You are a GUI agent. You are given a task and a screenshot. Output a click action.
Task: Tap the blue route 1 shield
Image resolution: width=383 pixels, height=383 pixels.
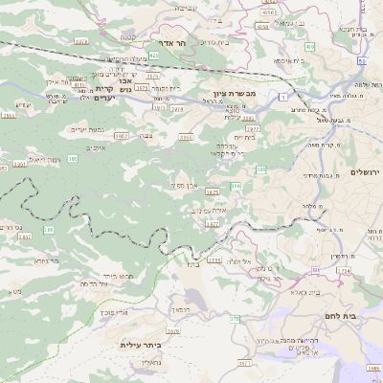coord(284,97)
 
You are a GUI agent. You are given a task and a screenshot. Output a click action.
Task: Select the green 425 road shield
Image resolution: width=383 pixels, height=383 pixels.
coord(153,56)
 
